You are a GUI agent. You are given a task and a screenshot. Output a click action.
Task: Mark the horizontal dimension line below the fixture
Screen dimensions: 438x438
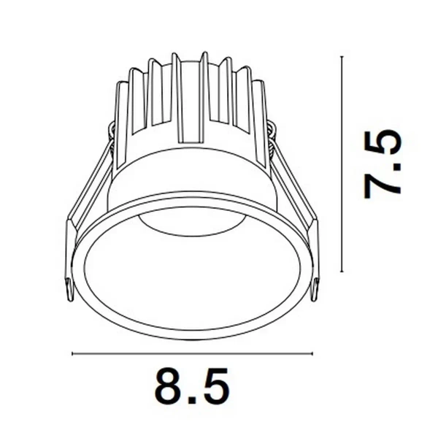pos(192,355)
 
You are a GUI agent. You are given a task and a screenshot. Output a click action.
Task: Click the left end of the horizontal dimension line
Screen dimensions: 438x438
pos(72,355)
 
